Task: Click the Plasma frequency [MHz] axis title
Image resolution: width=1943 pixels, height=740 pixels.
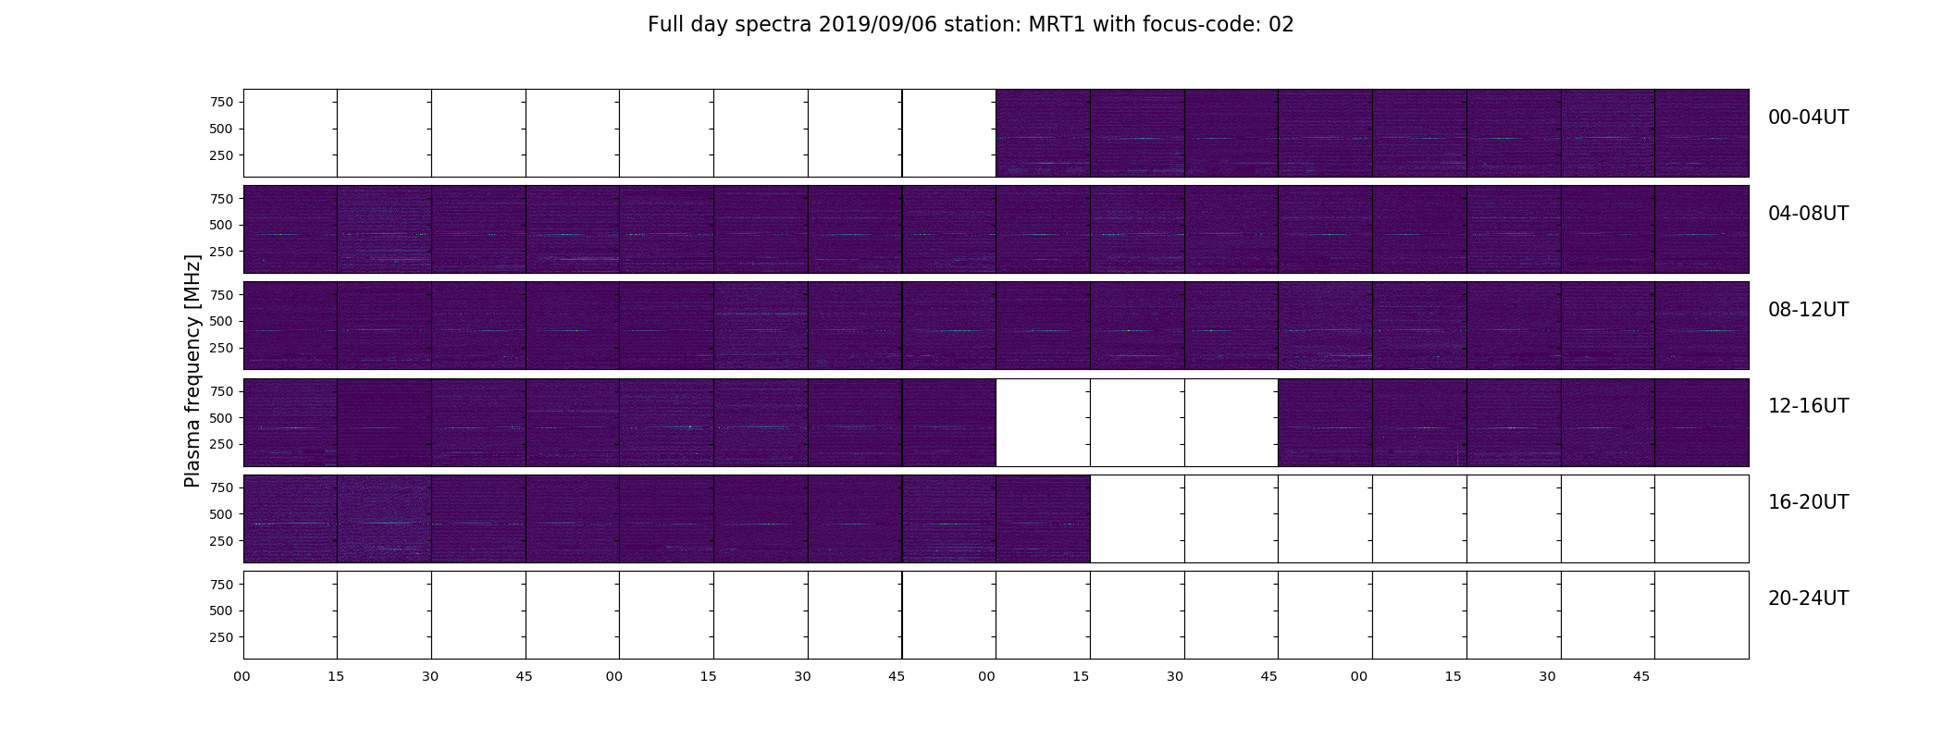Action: tap(192, 371)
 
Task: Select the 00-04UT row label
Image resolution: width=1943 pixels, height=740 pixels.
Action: tap(1808, 117)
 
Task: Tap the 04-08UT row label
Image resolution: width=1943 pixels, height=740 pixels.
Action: tap(1808, 214)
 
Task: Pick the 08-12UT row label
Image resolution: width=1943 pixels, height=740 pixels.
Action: tap(1808, 310)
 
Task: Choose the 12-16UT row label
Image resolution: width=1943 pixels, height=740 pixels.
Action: tap(1808, 406)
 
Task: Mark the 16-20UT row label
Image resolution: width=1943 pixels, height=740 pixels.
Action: tap(1808, 502)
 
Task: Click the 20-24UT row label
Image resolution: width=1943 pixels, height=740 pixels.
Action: tap(1808, 598)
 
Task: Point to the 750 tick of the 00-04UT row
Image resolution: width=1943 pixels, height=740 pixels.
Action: tap(221, 102)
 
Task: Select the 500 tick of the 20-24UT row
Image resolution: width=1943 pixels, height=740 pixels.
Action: tap(221, 610)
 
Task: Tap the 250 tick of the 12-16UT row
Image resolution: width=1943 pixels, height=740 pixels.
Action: tap(221, 445)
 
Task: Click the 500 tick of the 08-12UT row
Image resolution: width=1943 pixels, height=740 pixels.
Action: tap(221, 322)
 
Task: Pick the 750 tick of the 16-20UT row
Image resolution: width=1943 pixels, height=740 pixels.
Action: tap(221, 487)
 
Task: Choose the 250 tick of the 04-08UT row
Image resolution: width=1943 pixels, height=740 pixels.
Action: tap(221, 252)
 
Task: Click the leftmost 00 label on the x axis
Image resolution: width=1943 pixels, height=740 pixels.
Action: tap(242, 676)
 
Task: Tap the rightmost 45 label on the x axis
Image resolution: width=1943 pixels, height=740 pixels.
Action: tap(1641, 676)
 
